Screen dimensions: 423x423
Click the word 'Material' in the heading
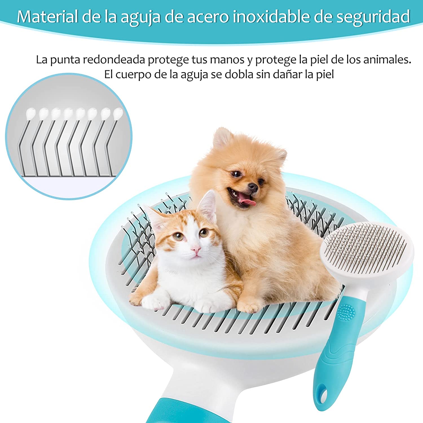pyautogui.click(x=47, y=17)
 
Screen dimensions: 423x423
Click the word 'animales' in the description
pyautogui.click(x=387, y=60)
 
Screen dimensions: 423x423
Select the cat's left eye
pyautogui.click(x=178, y=236)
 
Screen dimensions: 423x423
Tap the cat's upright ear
pyautogui.click(x=207, y=206)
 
